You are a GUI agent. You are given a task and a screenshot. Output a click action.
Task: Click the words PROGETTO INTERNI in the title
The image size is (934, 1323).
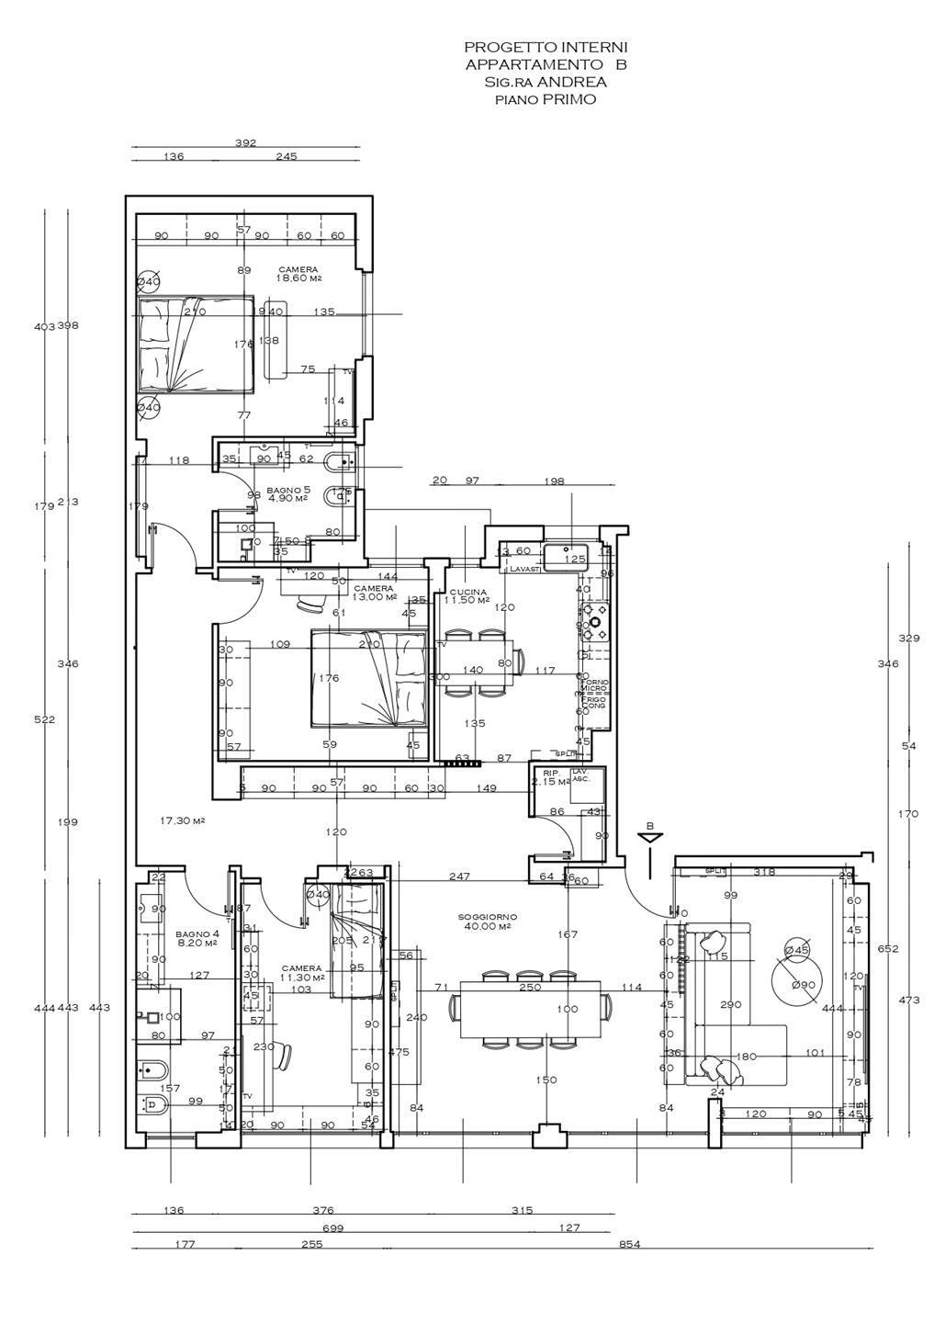[546, 47]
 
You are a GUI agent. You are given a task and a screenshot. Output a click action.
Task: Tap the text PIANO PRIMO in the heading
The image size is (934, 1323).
[546, 99]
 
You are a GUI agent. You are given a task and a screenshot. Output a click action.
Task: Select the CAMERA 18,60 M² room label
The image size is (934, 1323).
[299, 275]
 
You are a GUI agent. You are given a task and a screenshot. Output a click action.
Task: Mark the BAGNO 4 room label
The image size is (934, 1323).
[195, 938]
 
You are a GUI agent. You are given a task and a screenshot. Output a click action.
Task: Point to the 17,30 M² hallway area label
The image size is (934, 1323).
[182, 820]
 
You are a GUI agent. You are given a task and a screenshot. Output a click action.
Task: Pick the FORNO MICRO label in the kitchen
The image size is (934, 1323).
[593, 685]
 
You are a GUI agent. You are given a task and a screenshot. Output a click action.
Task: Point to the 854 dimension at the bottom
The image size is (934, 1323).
[628, 1244]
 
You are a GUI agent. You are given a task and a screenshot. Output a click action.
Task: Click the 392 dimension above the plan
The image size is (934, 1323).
[245, 142]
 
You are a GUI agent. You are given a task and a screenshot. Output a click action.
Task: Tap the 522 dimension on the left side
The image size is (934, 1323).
[45, 719]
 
